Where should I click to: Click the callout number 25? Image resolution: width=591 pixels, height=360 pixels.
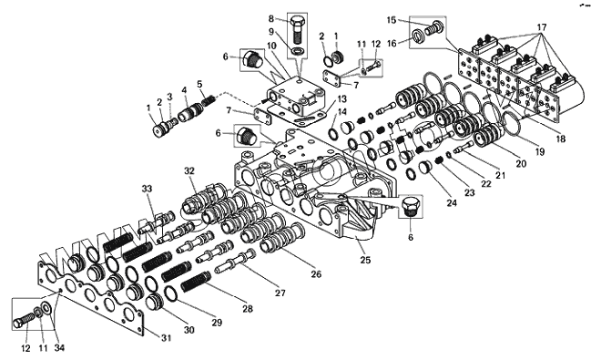tap(365, 260)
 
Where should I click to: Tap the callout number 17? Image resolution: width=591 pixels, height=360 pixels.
tap(542, 27)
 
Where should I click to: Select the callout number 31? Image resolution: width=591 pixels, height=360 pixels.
tap(167, 338)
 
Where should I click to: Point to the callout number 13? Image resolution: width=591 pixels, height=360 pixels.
tap(341, 99)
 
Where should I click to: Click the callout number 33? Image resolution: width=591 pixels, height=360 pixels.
tap(147, 189)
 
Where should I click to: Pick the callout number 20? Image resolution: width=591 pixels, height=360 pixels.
tap(521, 163)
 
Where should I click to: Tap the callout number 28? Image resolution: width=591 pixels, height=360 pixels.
tap(248, 309)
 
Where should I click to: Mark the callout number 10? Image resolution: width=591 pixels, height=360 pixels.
tap(271, 46)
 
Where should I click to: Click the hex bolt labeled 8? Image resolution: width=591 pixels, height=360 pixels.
tap(297, 29)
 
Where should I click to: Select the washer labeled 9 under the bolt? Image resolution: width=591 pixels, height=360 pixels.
tap(297, 51)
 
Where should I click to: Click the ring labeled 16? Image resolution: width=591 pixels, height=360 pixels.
tap(417, 36)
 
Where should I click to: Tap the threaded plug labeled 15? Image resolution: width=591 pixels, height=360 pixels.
tap(433, 27)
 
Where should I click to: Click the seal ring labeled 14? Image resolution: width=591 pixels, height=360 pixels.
tap(332, 133)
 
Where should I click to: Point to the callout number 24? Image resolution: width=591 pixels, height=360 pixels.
tap(452, 203)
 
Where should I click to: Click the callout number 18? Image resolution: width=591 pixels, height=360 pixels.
tap(561, 139)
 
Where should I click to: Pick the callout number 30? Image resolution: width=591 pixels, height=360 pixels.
tap(189, 330)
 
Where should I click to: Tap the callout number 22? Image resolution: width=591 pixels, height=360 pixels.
tap(486, 184)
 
